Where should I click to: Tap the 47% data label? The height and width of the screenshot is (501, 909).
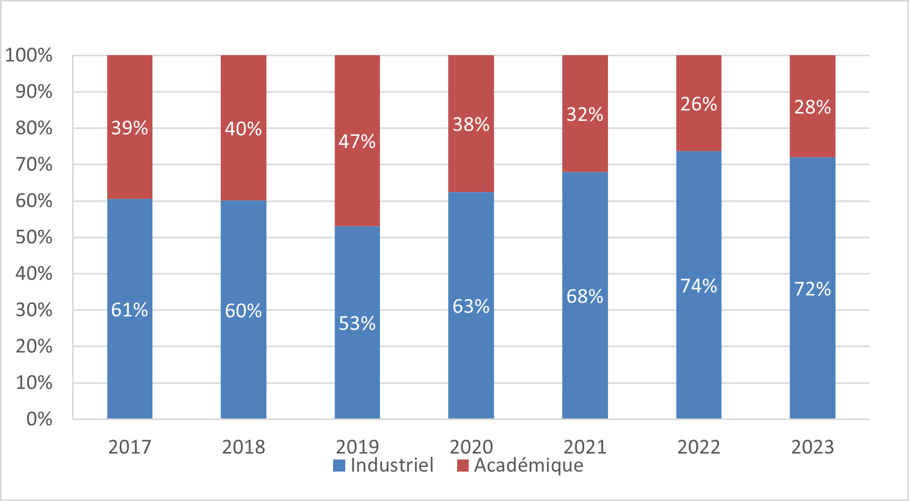(357, 141)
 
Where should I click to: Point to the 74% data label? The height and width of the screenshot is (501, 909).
(698, 286)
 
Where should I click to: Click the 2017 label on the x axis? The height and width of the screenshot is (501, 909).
(130, 447)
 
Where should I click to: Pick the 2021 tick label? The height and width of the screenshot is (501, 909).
(585, 447)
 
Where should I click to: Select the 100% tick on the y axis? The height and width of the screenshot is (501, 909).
(29, 55)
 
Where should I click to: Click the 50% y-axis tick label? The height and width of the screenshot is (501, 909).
(34, 237)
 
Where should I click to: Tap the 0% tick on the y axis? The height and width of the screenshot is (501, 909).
(39, 419)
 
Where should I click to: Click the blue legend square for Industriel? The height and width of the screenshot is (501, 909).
(339, 465)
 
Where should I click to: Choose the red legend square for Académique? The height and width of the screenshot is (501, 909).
(463, 465)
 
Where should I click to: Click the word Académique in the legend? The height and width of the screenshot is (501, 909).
(529, 465)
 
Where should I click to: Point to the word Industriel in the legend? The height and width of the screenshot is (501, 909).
(392, 465)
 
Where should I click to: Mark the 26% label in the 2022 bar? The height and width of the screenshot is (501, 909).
(698, 104)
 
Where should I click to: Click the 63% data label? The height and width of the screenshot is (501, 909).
(471, 306)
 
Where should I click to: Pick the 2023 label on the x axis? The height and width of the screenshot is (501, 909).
(812, 447)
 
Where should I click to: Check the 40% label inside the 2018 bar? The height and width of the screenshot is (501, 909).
(243, 129)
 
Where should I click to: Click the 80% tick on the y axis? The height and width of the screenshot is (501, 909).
(34, 128)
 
